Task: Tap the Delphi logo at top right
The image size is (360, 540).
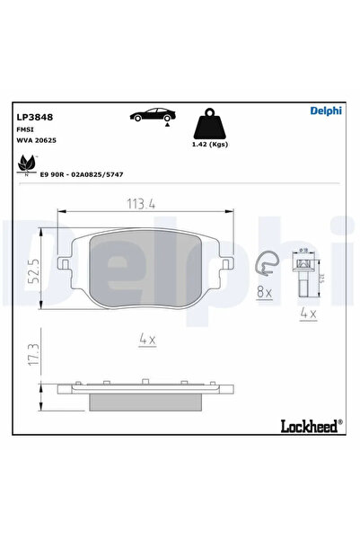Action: click(x=325, y=111)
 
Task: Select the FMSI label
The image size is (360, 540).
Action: click(x=24, y=129)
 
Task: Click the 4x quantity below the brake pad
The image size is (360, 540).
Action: click(x=147, y=340)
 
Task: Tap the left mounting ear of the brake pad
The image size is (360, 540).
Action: click(x=63, y=264)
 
